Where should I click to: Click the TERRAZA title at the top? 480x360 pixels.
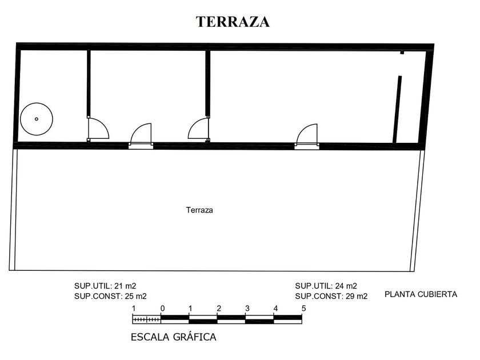pos(233,22)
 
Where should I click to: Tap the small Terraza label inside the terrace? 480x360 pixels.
pos(199,210)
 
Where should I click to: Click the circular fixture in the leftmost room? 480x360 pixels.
pos(37,119)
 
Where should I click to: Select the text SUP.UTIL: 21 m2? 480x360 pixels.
pos(105,286)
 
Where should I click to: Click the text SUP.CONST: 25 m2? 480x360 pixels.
pos(110,296)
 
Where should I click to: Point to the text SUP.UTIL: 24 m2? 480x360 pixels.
pos(326,286)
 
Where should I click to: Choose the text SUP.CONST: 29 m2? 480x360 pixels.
pos(331,296)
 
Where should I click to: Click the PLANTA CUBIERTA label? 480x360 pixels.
pos(421,295)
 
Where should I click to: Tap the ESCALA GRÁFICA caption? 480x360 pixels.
pos(174,337)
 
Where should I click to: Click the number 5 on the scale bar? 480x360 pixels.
pos(303,309)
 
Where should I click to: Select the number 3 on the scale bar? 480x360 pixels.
pos(247,309)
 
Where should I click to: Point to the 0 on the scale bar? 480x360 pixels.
pos(162,309)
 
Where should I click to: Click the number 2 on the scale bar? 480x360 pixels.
pos(218,309)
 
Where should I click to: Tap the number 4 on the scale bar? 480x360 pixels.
pos(275,309)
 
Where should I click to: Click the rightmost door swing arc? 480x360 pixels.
pos(307,134)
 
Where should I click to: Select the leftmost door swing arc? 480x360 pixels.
pos(97,128)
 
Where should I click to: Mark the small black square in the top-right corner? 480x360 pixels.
pos(402,53)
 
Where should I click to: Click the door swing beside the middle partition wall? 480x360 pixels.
pos(198,128)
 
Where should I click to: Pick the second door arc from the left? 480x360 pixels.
pos(141,134)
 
